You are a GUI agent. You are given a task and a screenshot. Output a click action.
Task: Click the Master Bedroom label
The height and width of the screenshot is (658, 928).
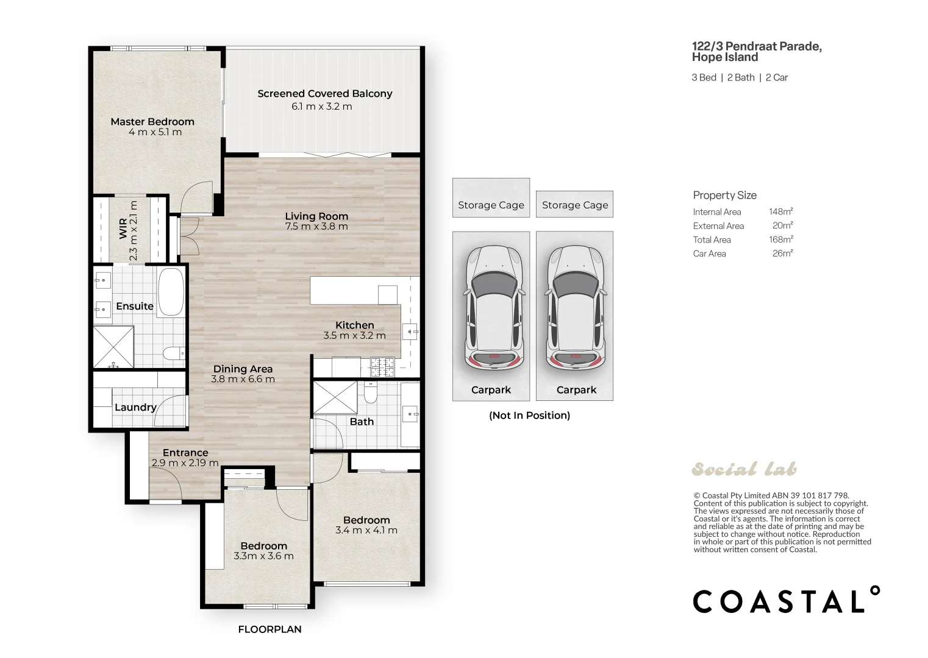[152, 122]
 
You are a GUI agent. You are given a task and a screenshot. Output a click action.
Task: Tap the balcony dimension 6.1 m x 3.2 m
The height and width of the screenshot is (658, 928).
[322, 107]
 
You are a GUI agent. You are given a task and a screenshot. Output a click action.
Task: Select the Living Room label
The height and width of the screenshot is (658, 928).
[316, 216]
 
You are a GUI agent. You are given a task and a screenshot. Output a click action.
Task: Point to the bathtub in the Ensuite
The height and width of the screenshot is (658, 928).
[171, 292]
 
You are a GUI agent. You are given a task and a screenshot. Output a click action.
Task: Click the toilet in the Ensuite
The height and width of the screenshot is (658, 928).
[174, 353]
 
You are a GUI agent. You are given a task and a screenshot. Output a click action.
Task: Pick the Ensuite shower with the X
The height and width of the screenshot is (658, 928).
[113, 347]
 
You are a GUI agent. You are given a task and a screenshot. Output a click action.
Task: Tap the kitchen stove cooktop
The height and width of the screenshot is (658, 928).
[382, 367]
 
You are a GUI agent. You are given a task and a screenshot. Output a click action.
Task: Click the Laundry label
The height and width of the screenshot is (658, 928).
[135, 408]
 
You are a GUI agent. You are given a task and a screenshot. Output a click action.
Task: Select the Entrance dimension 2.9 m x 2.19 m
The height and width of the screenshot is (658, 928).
[185, 463]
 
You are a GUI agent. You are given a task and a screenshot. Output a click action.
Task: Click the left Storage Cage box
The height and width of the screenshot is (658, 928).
[491, 197]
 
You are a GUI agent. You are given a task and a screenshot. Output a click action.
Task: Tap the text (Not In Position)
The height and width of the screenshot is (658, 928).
[529, 416]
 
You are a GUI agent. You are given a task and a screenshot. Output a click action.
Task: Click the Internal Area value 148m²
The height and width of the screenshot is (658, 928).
[781, 211]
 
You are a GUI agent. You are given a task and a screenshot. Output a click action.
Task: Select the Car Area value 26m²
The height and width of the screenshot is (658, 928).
[783, 253]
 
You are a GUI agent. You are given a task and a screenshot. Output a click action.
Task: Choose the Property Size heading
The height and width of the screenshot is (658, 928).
[725, 196]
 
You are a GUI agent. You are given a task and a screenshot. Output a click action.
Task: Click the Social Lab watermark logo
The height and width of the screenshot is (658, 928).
[744, 469]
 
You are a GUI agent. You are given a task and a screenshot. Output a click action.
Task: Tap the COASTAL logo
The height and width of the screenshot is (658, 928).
[787, 600]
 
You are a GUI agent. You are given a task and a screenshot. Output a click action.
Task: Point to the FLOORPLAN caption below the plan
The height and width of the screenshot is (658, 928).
[269, 629]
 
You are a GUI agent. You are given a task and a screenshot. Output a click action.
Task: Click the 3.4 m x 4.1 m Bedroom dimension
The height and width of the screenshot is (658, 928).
[366, 531]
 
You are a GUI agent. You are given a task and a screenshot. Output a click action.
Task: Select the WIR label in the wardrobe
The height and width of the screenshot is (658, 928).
[123, 228]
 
